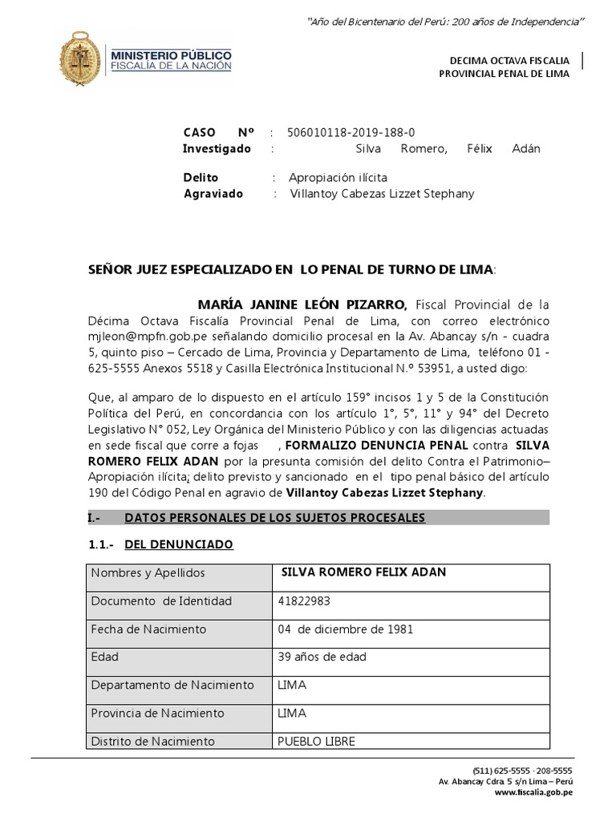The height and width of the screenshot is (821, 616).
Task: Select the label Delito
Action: [201, 177]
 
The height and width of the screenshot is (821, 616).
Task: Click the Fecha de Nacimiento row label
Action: [148, 629]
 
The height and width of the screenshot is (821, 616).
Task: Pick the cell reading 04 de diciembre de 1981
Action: [345, 629]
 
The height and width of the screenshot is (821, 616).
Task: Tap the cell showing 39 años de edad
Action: [322, 657]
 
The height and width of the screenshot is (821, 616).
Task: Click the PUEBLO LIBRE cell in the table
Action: [315, 741]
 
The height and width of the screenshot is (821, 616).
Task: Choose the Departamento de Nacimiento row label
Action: [172, 685]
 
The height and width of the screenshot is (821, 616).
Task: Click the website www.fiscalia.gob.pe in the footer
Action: [533, 792]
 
